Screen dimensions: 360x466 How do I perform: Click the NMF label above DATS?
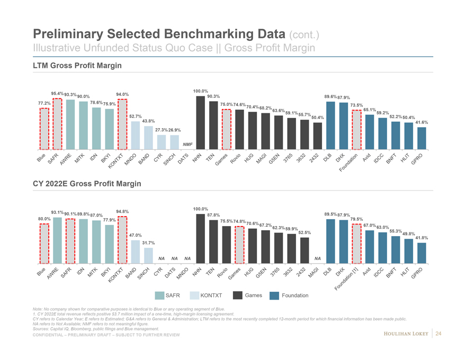[187, 144]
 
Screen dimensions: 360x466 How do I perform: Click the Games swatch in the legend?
[237, 295]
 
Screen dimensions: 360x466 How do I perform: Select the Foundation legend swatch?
[274, 295]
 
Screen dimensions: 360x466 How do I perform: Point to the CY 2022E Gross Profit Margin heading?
[87, 184]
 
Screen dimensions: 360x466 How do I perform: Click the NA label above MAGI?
[318, 258]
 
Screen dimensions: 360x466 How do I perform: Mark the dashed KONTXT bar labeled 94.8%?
[122, 239]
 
